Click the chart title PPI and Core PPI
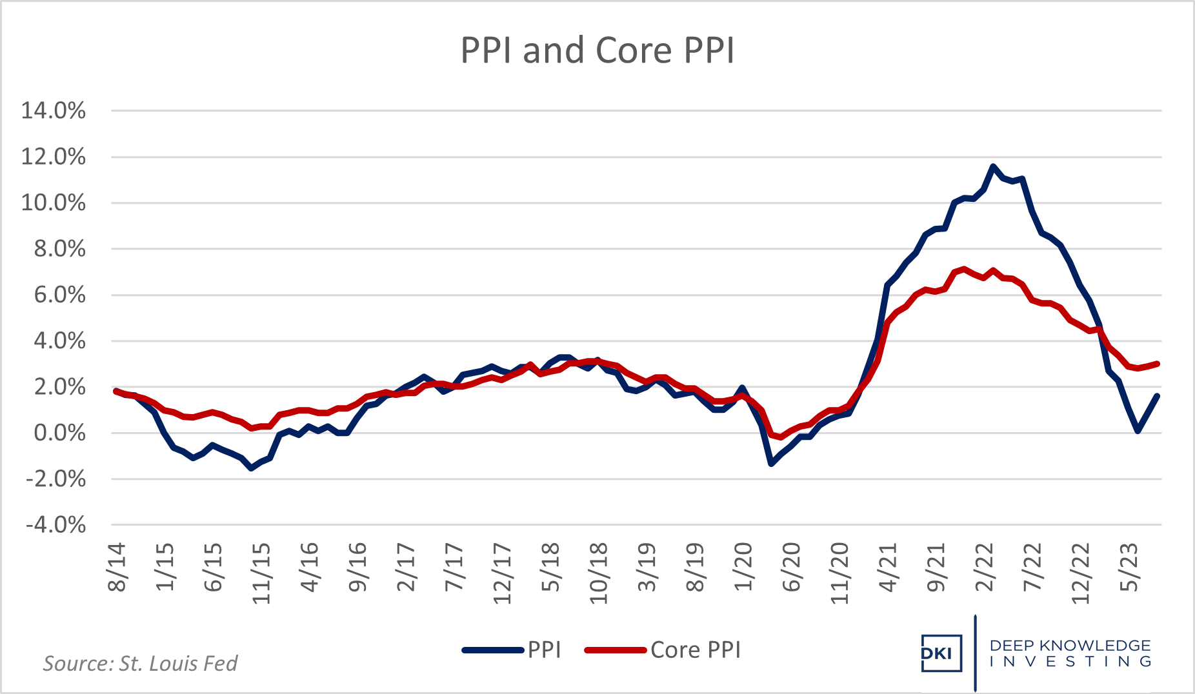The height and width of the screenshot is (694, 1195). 597,50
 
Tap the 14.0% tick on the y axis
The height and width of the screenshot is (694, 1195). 54,110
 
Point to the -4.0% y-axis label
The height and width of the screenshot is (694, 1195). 55,524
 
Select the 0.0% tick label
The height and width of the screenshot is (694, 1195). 59,433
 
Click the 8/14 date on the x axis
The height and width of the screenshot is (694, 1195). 117,567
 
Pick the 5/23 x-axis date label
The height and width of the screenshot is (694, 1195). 1129,567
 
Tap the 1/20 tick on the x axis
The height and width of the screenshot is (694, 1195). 743,567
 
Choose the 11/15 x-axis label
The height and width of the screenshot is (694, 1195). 261,573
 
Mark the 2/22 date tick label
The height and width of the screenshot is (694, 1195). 985,567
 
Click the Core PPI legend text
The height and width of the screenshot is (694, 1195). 696,649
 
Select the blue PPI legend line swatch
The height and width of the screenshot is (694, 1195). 493,650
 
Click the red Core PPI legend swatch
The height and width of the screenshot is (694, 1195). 615,650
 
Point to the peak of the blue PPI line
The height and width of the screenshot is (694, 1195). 992,166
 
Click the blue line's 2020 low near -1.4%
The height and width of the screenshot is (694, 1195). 771,464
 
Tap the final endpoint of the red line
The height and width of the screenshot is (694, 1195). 1158,364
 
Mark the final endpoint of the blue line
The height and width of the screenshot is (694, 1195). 1158,396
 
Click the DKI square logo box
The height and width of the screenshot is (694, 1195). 941,653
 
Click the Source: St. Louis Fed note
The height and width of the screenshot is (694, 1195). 140,663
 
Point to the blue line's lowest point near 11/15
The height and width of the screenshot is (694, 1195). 251,468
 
